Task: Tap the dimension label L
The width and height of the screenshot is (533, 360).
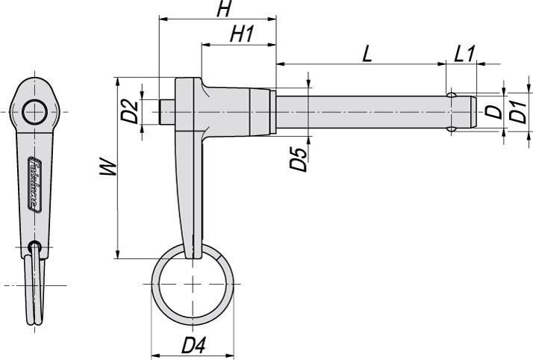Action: (367, 54)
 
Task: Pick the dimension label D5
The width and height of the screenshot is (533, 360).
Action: (299, 160)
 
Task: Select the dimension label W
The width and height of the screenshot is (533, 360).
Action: (110, 167)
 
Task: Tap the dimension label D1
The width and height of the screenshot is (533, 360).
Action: (519, 112)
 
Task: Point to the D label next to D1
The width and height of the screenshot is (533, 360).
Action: (492, 112)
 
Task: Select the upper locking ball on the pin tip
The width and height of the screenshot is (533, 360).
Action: (452, 95)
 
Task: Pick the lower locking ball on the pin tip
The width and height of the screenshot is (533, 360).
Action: (452, 129)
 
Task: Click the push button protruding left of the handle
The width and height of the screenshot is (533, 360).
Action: (168, 112)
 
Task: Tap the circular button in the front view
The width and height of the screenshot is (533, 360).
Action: (34, 112)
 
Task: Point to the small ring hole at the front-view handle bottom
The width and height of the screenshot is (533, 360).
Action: (34, 247)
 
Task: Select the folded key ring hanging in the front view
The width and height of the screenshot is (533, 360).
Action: (34, 291)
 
